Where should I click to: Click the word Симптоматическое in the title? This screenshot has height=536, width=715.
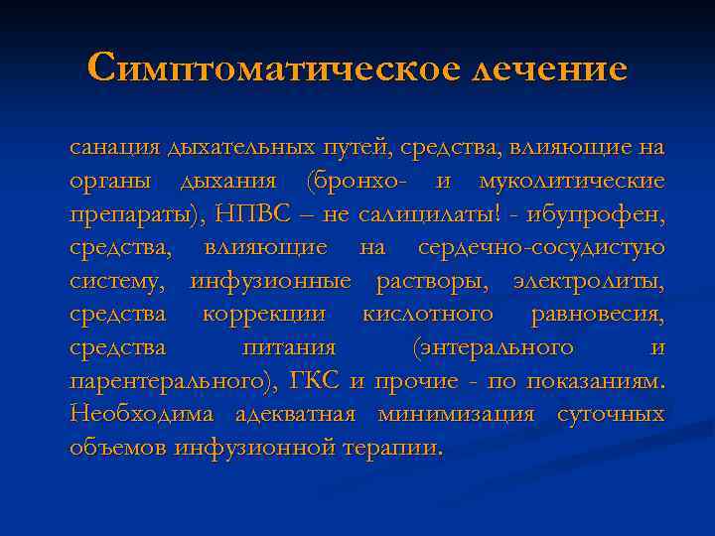[271, 69]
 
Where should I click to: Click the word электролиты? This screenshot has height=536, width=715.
[589, 281]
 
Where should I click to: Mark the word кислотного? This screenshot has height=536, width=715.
[428, 315]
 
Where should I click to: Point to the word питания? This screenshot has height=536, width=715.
[289, 348]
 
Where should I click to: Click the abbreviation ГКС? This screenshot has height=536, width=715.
[316, 381]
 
